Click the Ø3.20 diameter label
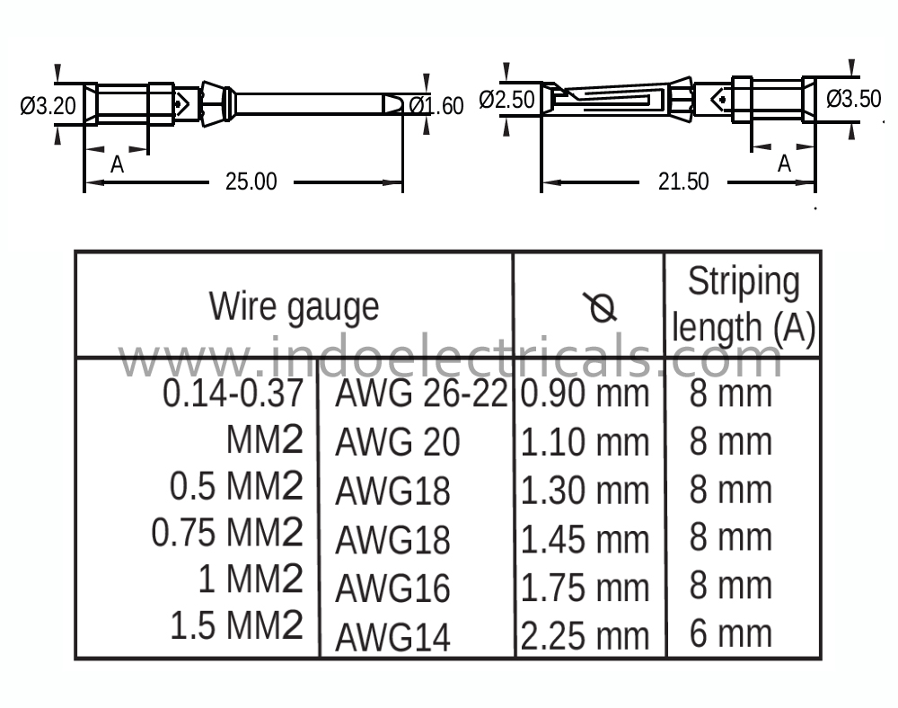[x=48, y=106]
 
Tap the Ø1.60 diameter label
[x=436, y=106]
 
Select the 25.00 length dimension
[x=251, y=181]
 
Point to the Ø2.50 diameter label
[x=506, y=100]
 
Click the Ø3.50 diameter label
[x=853, y=99]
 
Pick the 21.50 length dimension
[x=683, y=181]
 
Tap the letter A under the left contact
[x=118, y=164]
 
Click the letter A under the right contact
[x=785, y=164]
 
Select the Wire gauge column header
[x=294, y=307]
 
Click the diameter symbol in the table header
[x=601, y=307]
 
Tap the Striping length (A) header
[x=744, y=305]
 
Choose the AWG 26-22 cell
[x=421, y=394]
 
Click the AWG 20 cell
[x=398, y=442]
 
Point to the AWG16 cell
[x=393, y=589]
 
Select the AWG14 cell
[x=393, y=637]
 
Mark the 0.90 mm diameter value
[x=585, y=394]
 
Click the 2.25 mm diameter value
[x=585, y=636]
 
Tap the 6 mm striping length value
[x=731, y=633]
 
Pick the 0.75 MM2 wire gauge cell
[x=227, y=533]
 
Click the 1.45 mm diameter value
[x=585, y=540]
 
